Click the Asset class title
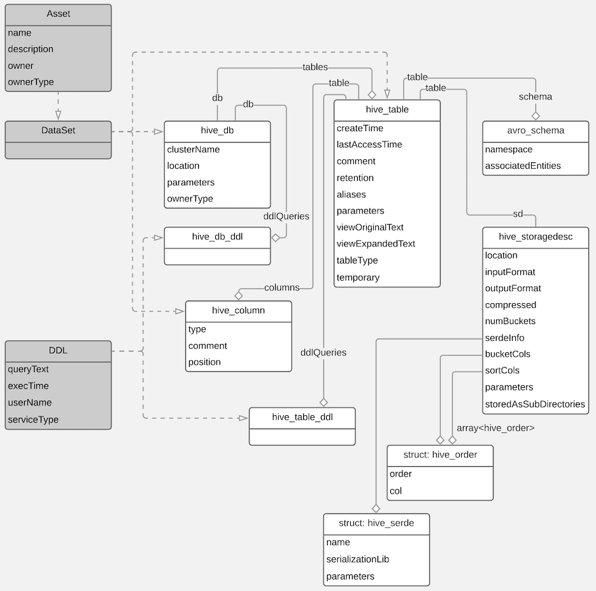[58, 14]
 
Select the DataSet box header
[58, 131]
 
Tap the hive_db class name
[217, 131]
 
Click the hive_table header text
[387, 110]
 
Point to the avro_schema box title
[536, 131]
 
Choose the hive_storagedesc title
[536, 236]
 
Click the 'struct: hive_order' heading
[440, 455]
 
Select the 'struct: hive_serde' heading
[376, 523]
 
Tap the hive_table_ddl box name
[302, 417]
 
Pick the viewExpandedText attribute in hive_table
[376, 244]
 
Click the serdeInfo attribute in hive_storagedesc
[504, 338]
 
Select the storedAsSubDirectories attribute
[534, 404]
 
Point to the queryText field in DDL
[28, 369]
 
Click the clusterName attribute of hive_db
[193, 150]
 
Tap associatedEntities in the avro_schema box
[522, 166]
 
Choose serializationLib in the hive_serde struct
[357, 559]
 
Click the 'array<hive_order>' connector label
[495, 428]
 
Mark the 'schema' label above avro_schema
[535, 97]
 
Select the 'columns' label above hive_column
[281, 288]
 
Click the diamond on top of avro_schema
[536, 116]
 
